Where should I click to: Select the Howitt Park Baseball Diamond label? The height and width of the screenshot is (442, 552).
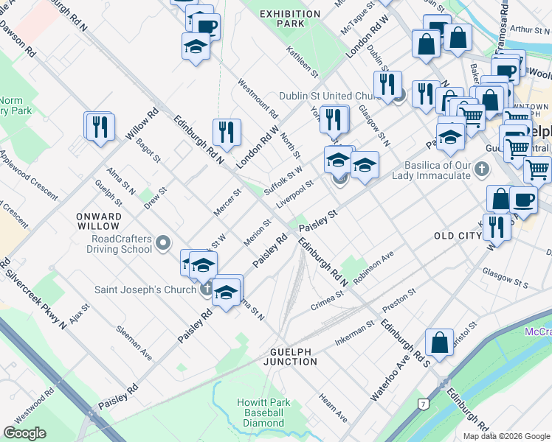261,413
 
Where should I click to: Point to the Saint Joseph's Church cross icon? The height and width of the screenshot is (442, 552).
207,289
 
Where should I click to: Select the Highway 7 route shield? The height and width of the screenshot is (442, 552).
423,404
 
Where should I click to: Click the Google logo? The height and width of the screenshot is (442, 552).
24,432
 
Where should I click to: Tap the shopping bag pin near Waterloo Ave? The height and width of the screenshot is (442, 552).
439,342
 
